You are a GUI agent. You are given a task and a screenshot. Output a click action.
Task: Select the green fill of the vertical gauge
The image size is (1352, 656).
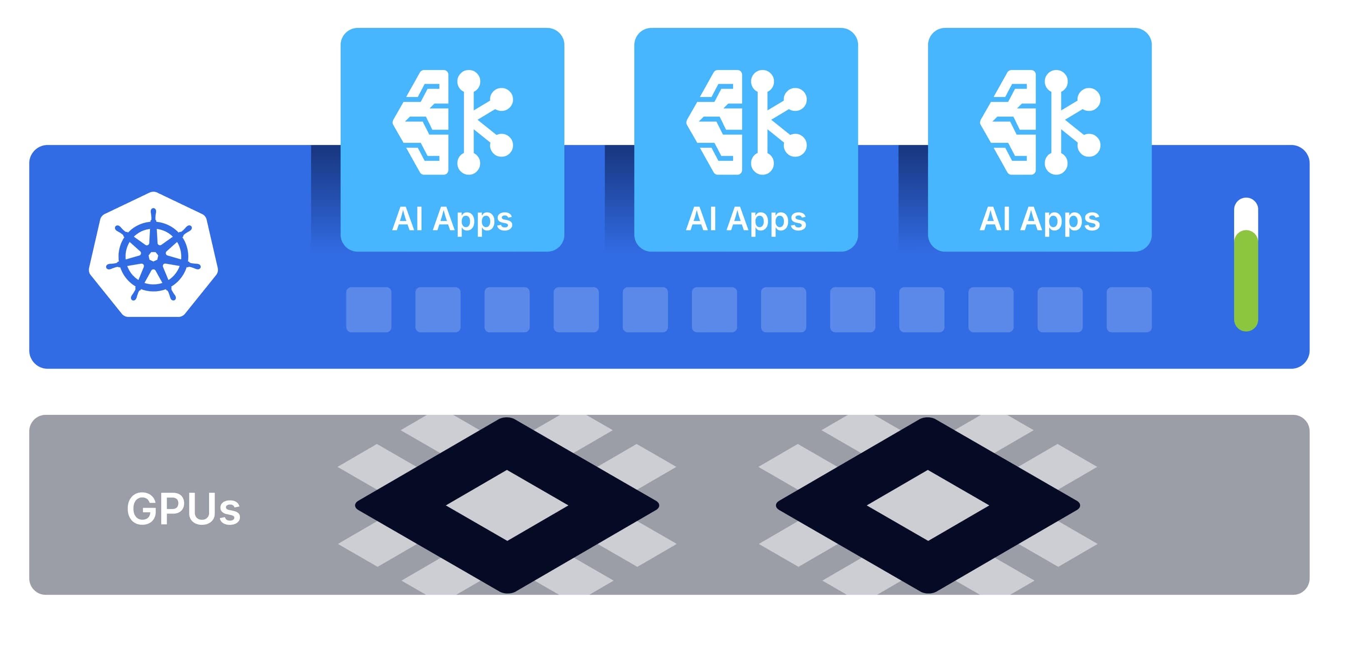[x=1245, y=281]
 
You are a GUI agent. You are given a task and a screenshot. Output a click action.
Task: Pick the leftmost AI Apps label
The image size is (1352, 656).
[x=452, y=219]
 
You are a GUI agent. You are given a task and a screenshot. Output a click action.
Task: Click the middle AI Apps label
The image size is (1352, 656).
[x=746, y=219]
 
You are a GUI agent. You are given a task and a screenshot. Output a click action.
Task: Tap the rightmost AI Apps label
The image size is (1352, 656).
[x=1040, y=219]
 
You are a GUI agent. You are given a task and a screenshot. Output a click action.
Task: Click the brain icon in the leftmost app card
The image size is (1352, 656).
[x=452, y=122]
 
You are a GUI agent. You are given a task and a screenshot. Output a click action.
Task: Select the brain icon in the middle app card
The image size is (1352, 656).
[x=746, y=122]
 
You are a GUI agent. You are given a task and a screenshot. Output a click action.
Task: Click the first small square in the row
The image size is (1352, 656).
[x=369, y=309]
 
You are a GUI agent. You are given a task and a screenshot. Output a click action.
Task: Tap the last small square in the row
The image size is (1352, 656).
[x=1129, y=309]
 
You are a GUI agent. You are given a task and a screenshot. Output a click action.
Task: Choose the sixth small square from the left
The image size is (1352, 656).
[x=714, y=309]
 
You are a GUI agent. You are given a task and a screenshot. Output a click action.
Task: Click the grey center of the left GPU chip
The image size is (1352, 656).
[x=507, y=505]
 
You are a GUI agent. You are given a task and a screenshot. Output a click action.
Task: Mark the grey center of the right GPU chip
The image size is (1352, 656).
[x=928, y=505]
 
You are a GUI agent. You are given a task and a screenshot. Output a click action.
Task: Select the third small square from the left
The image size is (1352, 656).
[x=507, y=309]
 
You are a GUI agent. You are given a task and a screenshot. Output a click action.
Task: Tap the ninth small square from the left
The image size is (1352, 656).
[x=922, y=309]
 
